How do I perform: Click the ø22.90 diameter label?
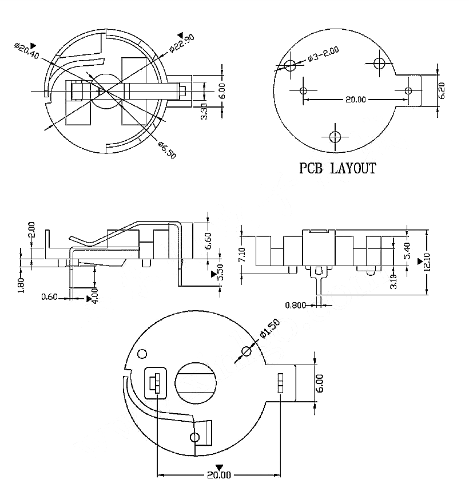pos(182,43)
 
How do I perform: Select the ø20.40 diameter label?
pos(27,51)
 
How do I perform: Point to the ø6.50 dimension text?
pos(167,150)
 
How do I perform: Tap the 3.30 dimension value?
pos(204,111)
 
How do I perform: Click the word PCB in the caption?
pos(311,168)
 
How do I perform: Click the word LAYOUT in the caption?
pos(353,168)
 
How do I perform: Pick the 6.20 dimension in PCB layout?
pos(442,90)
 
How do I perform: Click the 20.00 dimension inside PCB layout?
pos(356,100)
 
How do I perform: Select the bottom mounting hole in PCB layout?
pos(335,137)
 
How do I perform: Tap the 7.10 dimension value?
pos(243,255)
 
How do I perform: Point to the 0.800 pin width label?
pos(296,306)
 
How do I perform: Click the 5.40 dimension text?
pos(408,250)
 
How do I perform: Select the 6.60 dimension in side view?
pos(208,241)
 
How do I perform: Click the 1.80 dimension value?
pos(21,285)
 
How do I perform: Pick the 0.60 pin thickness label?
pos(49,297)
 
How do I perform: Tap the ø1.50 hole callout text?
pos(270,328)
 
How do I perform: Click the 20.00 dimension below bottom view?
pos(219,475)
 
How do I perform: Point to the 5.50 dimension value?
pos(220,272)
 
